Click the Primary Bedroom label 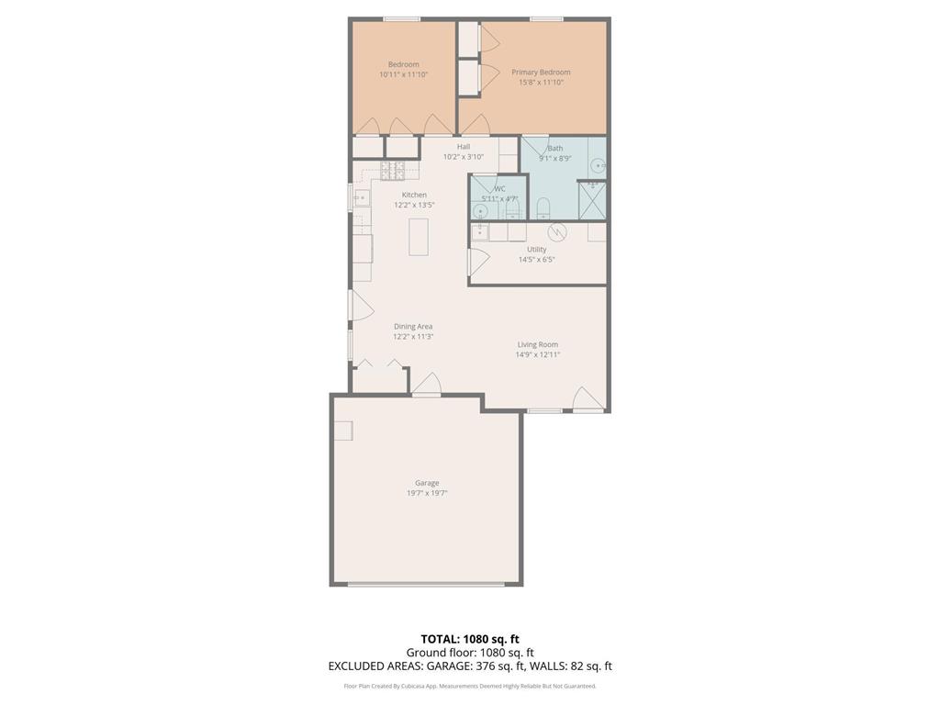coord(541,73)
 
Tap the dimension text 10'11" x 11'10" coord(403,74)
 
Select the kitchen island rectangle coord(419,236)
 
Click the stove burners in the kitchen coord(393,170)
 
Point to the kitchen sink coord(361,196)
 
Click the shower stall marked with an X coord(592,199)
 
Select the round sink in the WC coord(480,210)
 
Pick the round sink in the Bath coord(598,166)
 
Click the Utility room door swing coord(477,262)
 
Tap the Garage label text coord(427,483)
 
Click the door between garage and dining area coord(426,386)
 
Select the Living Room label coord(537,344)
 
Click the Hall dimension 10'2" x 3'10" coord(463,157)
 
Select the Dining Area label coord(413,326)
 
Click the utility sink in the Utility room coord(480,232)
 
